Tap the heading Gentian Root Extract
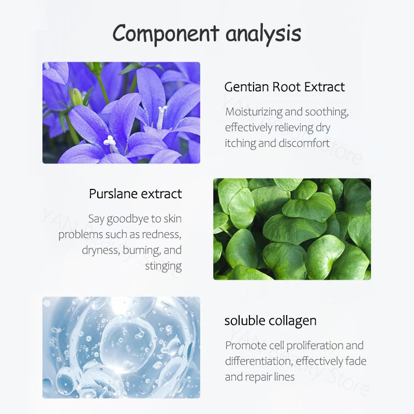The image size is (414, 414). (285, 87)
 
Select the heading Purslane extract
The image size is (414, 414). (136, 194)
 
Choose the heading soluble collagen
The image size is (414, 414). (270, 321)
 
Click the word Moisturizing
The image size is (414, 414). (254, 112)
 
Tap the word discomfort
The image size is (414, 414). (304, 143)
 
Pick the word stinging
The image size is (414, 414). (164, 266)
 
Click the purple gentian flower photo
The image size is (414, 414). (121, 113)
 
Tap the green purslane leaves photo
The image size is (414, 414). (292, 229)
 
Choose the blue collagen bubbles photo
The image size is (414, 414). (121, 347)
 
